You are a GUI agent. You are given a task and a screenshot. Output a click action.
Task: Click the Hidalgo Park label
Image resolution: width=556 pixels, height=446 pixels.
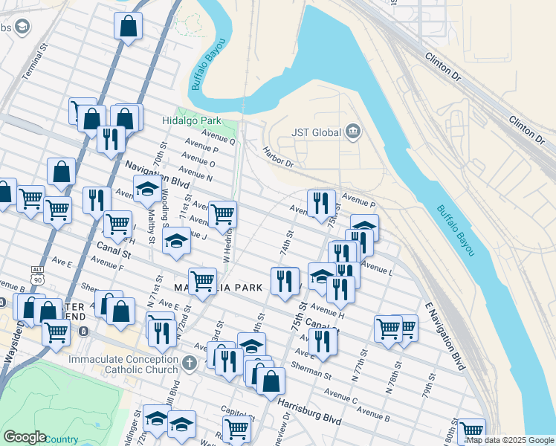(192, 120)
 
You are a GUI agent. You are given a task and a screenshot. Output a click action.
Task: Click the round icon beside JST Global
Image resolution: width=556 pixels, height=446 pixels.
(353, 133)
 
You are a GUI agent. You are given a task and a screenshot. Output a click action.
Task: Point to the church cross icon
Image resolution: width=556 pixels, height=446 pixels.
(190, 364)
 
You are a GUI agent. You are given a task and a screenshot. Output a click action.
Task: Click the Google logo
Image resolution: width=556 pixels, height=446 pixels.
(25, 437)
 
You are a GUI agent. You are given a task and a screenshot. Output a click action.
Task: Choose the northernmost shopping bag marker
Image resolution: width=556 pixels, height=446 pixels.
(128, 27)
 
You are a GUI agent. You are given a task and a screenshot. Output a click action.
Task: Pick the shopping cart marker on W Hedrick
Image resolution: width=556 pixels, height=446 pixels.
(222, 215)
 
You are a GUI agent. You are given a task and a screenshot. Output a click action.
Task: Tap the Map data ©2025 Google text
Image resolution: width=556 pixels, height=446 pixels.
(509, 440)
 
